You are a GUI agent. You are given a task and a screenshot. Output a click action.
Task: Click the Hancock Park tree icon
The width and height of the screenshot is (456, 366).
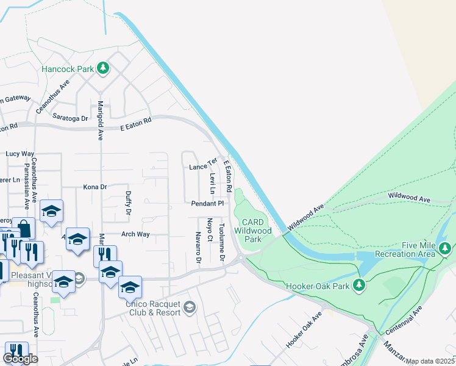[103, 68]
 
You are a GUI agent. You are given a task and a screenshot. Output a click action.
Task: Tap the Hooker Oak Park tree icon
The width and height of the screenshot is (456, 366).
[360, 285]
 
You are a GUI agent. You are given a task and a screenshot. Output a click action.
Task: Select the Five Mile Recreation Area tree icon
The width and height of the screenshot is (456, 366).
[445, 249]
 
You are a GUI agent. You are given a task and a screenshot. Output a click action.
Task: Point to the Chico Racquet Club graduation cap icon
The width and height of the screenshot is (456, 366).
[190, 306]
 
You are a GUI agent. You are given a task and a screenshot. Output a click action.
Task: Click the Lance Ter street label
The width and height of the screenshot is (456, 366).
[203, 166]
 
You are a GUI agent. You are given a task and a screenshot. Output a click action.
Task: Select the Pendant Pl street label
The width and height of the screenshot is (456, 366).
[208, 203]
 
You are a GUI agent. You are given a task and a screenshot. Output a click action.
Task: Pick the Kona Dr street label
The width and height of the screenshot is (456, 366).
[94, 187]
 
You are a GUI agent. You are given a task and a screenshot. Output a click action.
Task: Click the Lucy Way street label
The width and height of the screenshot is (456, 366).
[20, 154]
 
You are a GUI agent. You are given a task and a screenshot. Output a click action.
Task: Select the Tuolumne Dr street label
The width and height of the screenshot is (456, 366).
[222, 243]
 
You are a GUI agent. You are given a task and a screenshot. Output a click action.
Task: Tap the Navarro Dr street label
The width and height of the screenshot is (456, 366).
[198, 248]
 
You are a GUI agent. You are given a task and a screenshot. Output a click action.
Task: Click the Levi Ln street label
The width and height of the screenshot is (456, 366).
[212, 181]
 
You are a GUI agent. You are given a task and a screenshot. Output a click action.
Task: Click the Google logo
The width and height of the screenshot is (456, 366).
[20, 359]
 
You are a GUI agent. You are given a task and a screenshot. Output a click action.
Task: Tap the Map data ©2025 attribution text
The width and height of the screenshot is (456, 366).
[430, 361]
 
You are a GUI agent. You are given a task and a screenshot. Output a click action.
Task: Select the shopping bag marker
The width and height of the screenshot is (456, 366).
[24, 229]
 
